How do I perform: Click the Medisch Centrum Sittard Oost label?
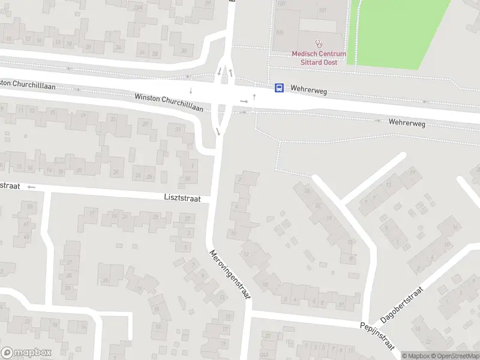pos(319,58)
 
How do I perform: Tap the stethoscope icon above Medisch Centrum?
pos(319,44)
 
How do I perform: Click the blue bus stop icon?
pos(279,88)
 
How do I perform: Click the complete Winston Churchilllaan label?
pos(169,103)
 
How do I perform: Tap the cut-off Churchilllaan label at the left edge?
pos(28,85)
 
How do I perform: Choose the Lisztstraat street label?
pos(182,197)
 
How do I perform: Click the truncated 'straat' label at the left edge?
pos(10,186)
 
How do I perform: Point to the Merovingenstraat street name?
pos(230,275)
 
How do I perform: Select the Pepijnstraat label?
pos(376,335)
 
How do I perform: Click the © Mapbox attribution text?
pos(415,356)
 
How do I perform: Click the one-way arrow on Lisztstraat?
pos(31,187)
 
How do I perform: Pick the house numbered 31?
pos(177,129)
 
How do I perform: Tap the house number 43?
pos(26,236)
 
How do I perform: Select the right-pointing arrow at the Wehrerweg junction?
pos(244,101)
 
